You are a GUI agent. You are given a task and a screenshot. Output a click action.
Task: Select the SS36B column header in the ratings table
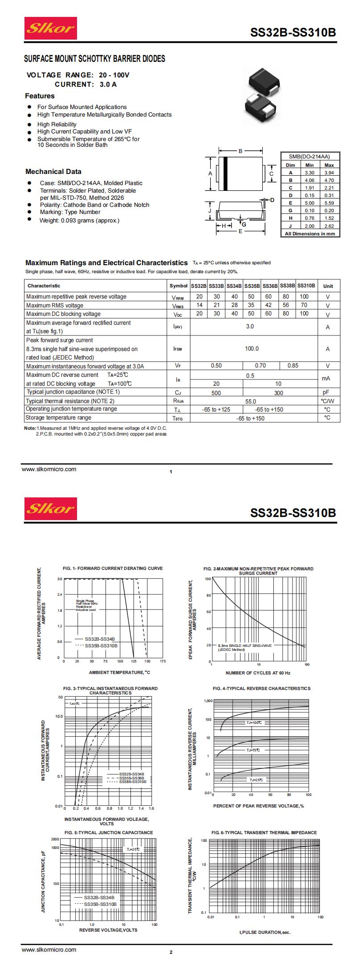(269, 286)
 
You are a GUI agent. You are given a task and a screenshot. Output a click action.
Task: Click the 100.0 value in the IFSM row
(252, 349)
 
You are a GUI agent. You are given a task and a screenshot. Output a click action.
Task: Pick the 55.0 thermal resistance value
(251, 401)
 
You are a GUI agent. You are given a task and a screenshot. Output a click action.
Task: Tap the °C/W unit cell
(327, 401)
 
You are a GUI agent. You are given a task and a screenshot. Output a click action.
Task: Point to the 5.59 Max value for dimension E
(329, 203)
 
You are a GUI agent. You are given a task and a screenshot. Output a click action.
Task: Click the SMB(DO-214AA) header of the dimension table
(309, 157)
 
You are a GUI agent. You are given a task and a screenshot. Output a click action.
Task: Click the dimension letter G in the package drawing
(244, 224)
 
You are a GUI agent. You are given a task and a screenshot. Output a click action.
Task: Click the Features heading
(40, 96)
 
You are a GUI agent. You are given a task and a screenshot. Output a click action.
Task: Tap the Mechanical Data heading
(53, 172)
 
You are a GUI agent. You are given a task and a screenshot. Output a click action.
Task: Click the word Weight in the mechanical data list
(49, 220)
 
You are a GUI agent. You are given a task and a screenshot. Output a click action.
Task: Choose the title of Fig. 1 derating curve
(113, 568)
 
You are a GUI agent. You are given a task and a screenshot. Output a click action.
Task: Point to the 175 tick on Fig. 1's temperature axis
(163, 662)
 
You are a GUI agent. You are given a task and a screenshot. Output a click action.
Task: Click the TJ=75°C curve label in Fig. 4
(253, 750)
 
